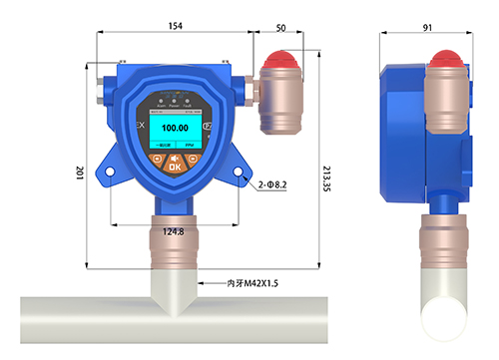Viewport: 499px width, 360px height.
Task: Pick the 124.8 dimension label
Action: coord(173,232)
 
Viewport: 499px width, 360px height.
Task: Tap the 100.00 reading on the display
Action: coord(175,129)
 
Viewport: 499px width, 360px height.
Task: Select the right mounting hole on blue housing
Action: coord(241,173)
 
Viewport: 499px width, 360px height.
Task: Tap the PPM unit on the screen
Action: coord(194,147)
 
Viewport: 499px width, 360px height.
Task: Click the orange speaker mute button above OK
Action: coord(175,157)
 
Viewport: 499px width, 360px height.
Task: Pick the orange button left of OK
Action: coord(158,166)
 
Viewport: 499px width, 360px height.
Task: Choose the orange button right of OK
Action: coord(192,166)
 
